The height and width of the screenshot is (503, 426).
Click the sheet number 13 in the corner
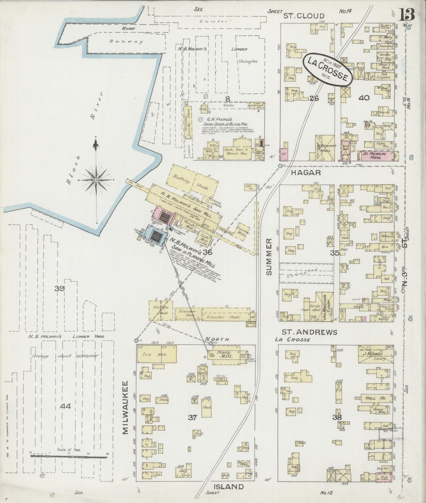click(x=407, y=14)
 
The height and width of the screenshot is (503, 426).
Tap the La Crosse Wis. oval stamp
click(x=327, y=69)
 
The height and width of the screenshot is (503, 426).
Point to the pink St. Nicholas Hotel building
click(x=376, y=155)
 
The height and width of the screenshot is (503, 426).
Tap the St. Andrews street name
click(x=309, y=332)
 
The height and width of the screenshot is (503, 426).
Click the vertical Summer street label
click(x=269, y=257)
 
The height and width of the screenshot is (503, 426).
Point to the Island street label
click(x=229, y=487)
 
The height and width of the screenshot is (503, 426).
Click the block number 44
click(x=65, y=406)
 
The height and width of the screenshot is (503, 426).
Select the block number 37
click(x=193, y=417)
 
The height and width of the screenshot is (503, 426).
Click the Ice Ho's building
click(x=157, y=354)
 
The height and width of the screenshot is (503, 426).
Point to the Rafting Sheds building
click(x=193, y=182)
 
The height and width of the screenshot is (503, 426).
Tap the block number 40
click(x=364, y=98)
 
